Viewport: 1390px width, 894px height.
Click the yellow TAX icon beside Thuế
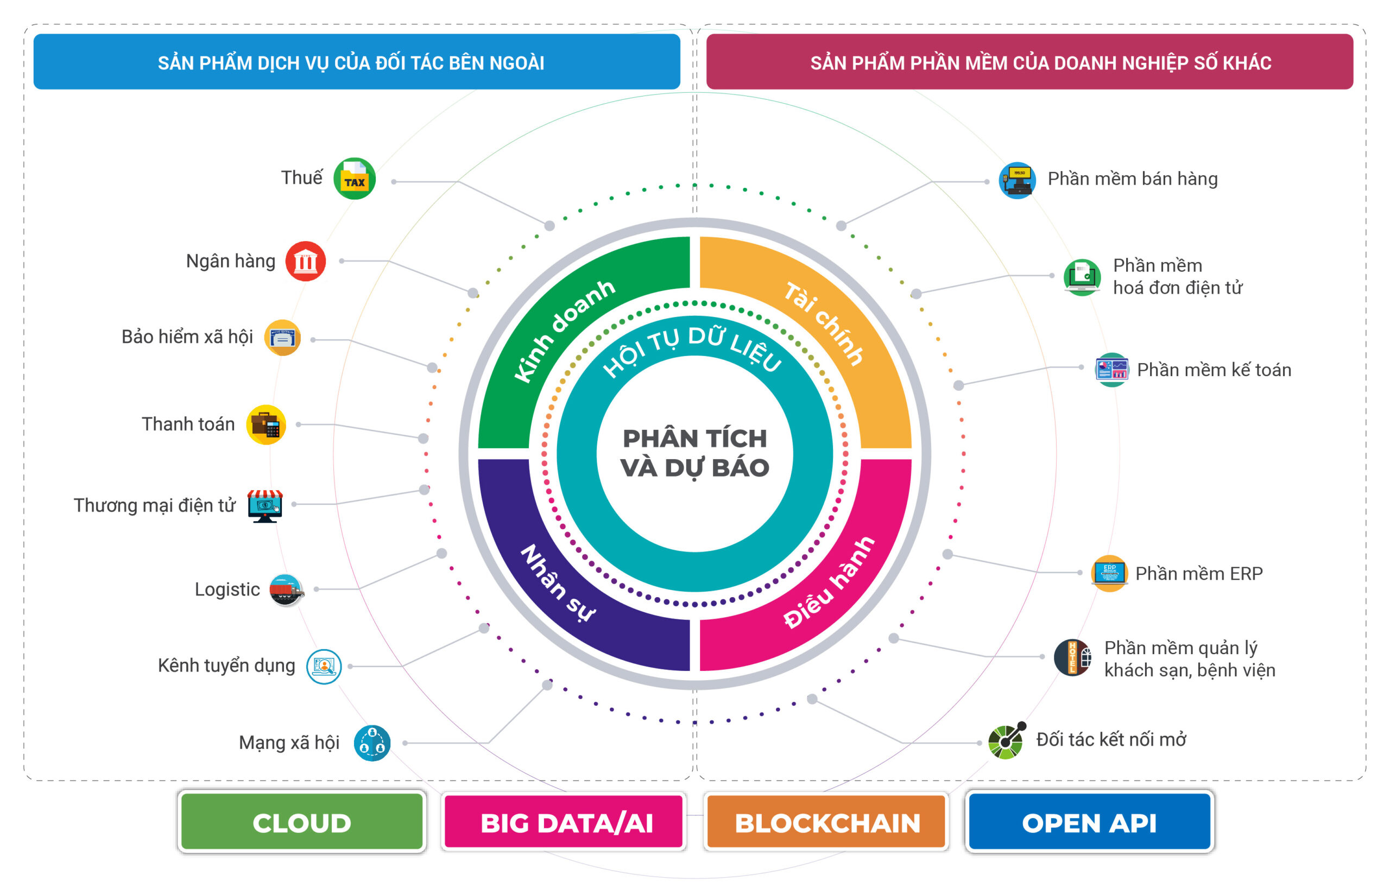coord(354,179)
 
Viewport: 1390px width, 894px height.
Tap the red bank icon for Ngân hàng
coord(305,261)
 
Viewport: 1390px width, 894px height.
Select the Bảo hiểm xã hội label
coord(187,337)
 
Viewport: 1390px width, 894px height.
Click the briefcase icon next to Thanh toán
coord(266,425)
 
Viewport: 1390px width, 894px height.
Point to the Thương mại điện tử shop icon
coord(265,505)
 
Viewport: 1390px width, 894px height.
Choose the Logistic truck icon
coord(286,590)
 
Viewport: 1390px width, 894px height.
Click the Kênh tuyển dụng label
coord(226,665)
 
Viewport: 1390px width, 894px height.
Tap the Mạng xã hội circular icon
coord(372,743)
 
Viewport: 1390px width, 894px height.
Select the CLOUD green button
coord(302,822)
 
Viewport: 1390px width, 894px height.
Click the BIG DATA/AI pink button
coord(564,822)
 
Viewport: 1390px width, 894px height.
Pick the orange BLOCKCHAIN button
coord(826,822)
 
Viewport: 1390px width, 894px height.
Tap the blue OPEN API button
coord(1089,822)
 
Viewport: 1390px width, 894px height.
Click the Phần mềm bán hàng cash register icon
coord(1016,181)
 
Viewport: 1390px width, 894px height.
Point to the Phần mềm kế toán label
coord(1214,370)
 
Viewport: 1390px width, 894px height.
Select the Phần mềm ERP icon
coord(1109,574)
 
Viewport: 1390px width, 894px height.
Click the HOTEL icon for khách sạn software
coord(1072,657)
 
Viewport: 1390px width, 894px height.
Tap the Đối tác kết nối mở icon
coord(1007,741)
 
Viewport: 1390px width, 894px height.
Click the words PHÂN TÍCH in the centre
coord(694,438)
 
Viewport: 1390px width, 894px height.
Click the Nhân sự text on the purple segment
coord(558,583)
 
